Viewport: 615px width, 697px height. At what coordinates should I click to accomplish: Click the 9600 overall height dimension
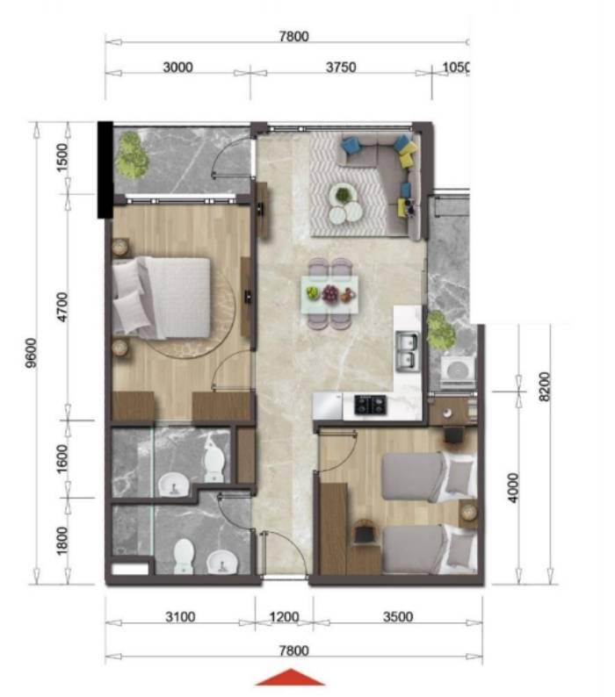tap(32, 353)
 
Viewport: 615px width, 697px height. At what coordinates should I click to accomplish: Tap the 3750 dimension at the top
tap(341, 67)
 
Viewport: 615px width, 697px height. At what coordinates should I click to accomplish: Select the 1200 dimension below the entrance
tap(285, 617)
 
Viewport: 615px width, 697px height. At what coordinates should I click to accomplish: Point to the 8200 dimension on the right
tap(545, 386)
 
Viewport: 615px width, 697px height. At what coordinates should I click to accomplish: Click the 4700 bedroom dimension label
tap(62, 307)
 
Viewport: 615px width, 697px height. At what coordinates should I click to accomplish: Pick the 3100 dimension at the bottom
tap(180, 617)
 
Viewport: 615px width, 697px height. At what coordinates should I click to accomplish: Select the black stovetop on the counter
tap(371, 405)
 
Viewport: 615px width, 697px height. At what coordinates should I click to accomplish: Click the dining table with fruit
tap(329, 294)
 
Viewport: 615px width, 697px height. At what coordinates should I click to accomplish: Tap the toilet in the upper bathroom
tap(214, 463)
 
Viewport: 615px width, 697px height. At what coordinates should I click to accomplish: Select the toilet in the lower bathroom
tap(184, 557)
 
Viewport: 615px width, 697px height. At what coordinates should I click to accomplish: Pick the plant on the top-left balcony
tap(131, 156)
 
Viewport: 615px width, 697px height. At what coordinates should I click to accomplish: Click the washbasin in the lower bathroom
tap(221, 562)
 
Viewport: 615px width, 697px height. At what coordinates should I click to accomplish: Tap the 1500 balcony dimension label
tap(62, 157)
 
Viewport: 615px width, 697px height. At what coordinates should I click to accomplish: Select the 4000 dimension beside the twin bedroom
tap(513, 487)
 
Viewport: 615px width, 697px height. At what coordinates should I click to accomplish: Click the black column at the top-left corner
tap(105, 169)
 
